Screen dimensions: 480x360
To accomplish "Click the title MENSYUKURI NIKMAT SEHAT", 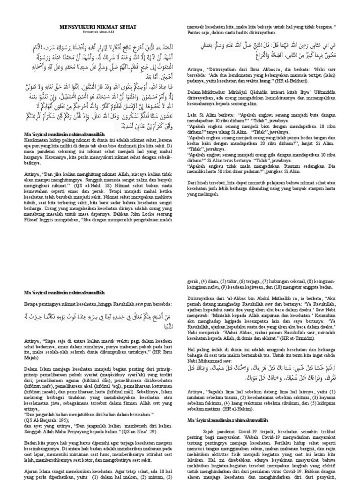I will pos(99,28).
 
